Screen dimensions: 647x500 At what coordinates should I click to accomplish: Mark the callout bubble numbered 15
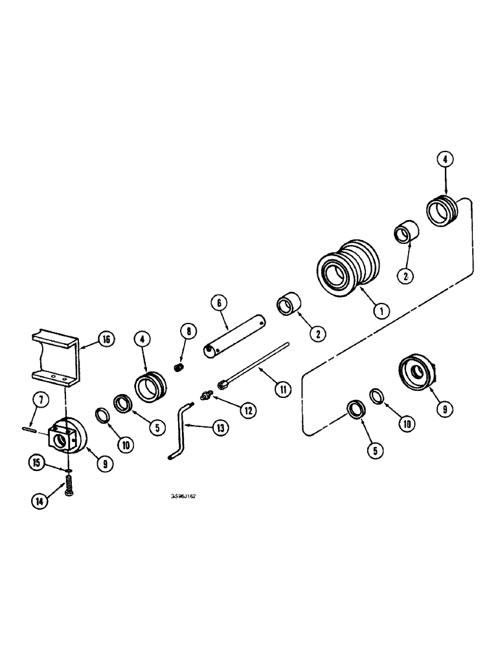coord(36,461)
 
